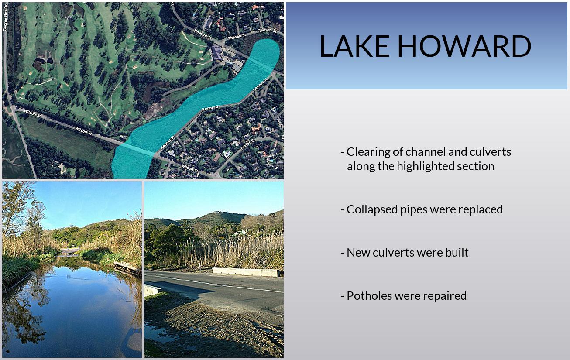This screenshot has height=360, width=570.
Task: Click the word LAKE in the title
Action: click(354, 46)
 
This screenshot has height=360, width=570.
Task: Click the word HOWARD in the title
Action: click(464, 46)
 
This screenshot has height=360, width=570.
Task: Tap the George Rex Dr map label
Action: click(5, 18)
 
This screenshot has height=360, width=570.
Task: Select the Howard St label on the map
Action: click(203, 34)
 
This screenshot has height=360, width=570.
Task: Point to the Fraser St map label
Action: click(247, 144)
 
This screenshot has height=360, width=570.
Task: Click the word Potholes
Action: click(369, 296)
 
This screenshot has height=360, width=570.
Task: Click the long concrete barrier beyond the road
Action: click(246, 272)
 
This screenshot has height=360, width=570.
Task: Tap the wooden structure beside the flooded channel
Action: click(127, 269)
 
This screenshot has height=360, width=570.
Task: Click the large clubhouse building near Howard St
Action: click(217, 53)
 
